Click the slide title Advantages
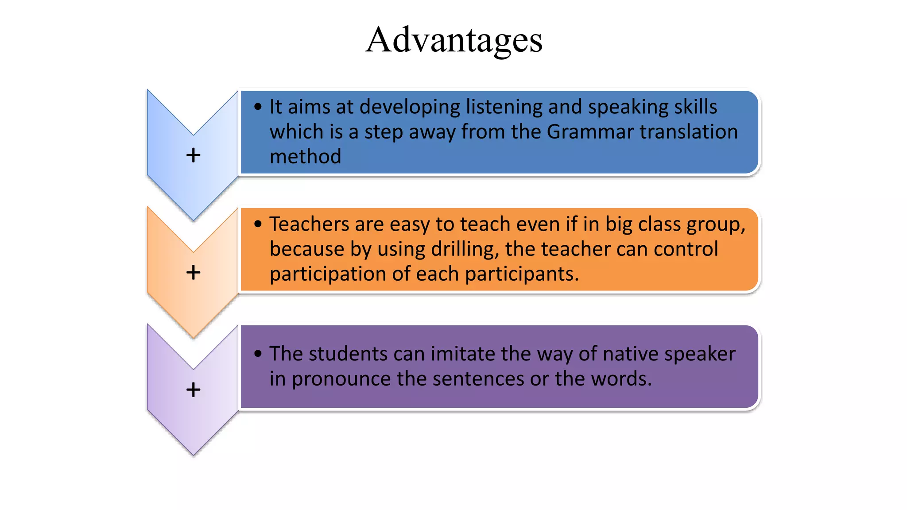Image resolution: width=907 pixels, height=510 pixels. click(454, 40)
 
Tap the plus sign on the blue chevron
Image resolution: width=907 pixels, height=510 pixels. click(193, 155)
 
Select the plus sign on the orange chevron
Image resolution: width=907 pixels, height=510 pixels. click(193, 272)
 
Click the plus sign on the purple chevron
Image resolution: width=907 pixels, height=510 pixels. click(193, 390)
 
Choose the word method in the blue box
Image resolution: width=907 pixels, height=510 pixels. click(305, 157)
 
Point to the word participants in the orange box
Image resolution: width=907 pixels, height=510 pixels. click(521, 274)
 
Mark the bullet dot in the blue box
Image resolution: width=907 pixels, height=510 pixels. click(258, 107)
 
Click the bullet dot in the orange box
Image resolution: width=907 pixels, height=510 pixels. click(258, 224)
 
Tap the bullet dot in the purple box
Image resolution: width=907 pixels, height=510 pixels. click(258, 354)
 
